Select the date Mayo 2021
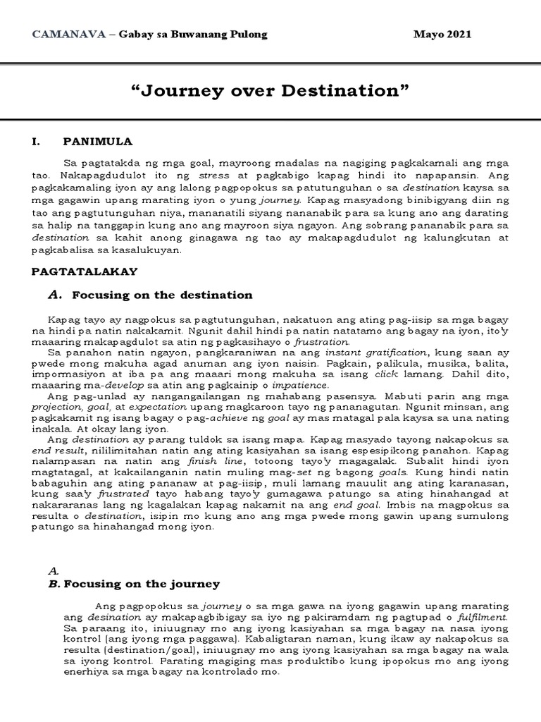442,35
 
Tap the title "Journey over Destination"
270,91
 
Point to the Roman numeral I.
35,141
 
